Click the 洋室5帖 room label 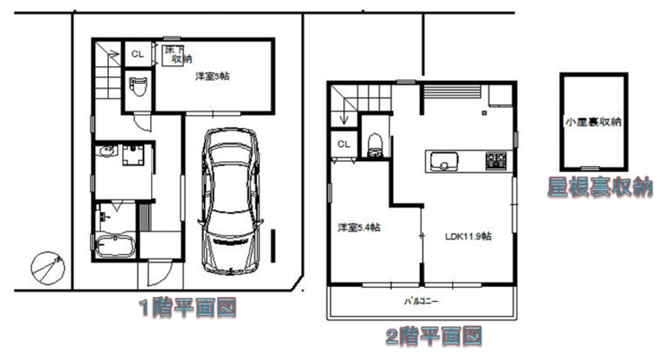[x=212, y=76]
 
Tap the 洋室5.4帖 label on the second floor [x=359, y=228]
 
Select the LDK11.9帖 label [x=468, y=236]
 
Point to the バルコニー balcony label [x=421, y=301]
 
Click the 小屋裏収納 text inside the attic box [x=594, y=122]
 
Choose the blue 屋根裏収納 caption [x=600, y=187]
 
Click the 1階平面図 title [x=188, y=307]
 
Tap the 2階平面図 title [x=434, y=336]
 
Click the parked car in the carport [x=230, y=201]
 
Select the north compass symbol [x=47, y=268]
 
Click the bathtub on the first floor [x=115, y=246]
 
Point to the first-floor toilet [x=138, y=86]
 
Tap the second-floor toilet [x=375, y=145]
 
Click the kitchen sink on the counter [x=444, y=162]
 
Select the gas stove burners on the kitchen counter [x=496, y=161]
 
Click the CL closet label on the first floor [x=138, y=54]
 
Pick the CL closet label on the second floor [x=344, y=144]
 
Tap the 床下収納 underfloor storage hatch [x=173, y=56]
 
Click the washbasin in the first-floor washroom [x=106, y=151]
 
